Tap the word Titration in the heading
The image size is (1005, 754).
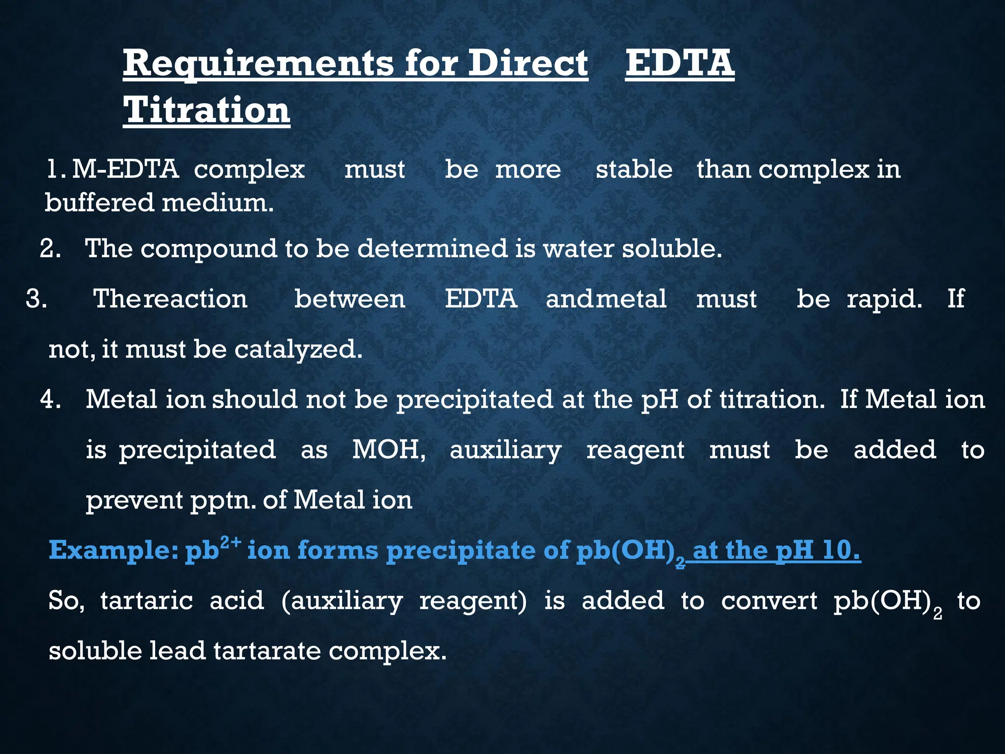coord(207,110)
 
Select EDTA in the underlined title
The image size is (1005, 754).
coord(680,64)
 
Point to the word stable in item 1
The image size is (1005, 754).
coord(634,170)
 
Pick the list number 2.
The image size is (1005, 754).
coord(50,248)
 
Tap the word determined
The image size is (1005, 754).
coord(432,248)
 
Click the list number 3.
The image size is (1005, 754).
coord(36,299)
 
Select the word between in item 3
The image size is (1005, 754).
coord(350,299)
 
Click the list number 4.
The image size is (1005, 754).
coord(50,399)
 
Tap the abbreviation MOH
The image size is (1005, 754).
coord(388,450)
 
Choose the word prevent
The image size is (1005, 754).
coord(134,501)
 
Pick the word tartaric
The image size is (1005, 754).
coord(147,601)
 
